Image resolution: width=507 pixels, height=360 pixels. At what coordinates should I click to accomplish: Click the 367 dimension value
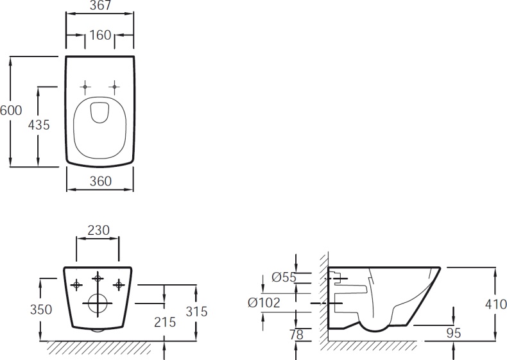click(x=100, y=6)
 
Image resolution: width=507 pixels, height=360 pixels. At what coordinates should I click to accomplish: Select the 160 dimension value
click(x=100, y=35)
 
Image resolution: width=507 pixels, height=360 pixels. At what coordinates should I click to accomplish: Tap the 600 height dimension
click(x=11, y=110)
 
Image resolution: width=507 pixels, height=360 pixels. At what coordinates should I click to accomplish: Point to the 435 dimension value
click(x=39, y=125)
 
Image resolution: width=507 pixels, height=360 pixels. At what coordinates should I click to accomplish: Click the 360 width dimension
click(x=100, y=181)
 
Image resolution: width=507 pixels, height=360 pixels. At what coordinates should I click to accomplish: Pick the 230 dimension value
click(x=98, y=230)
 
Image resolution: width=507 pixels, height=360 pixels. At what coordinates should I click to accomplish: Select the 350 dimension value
click(x=41, y=309)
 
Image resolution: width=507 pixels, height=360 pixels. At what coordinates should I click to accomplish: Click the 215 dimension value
click(x=165, y=322)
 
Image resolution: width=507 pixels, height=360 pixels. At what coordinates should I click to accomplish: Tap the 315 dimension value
click(x=196, y=311)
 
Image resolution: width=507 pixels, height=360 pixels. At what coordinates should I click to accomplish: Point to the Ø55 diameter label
click(x=283, y=277)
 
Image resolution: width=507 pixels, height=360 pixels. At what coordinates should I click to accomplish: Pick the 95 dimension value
click(x=454, y=333)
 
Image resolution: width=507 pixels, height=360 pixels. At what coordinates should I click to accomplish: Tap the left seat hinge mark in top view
click(x=85, y=86)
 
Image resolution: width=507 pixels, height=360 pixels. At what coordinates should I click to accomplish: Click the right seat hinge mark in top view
click(x=114, y=86)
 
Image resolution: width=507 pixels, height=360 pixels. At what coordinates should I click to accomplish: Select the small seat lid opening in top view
click(x=99, y=112)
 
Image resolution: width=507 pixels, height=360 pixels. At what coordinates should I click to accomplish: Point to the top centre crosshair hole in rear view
click(x=98, y=277)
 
